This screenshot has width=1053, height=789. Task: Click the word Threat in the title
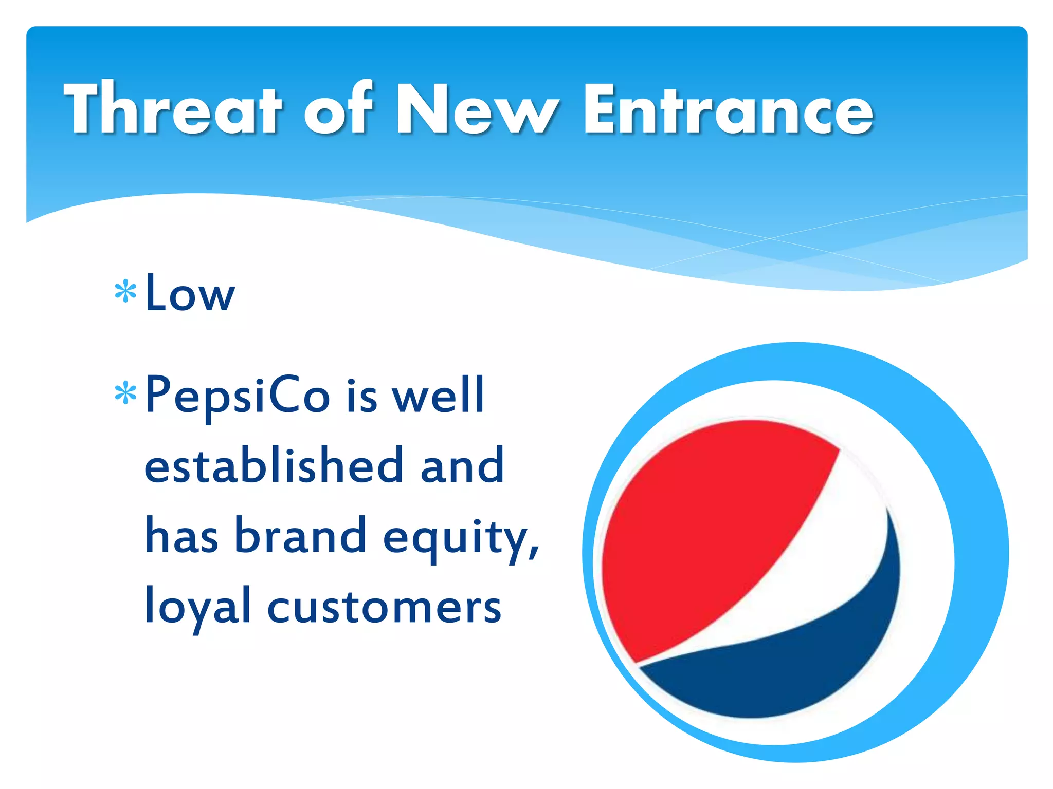coord(173,109)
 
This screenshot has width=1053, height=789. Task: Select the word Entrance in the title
coord(728,109)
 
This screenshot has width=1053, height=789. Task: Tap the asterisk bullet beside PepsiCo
coord(125,394)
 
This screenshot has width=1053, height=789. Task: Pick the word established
coord(273,465)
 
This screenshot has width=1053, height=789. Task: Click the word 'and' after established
coord(462,465)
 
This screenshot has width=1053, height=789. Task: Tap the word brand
coord(300,535)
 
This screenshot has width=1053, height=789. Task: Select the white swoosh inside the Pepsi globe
coord(833,555)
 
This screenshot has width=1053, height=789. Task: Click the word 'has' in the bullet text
coord(181,535)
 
